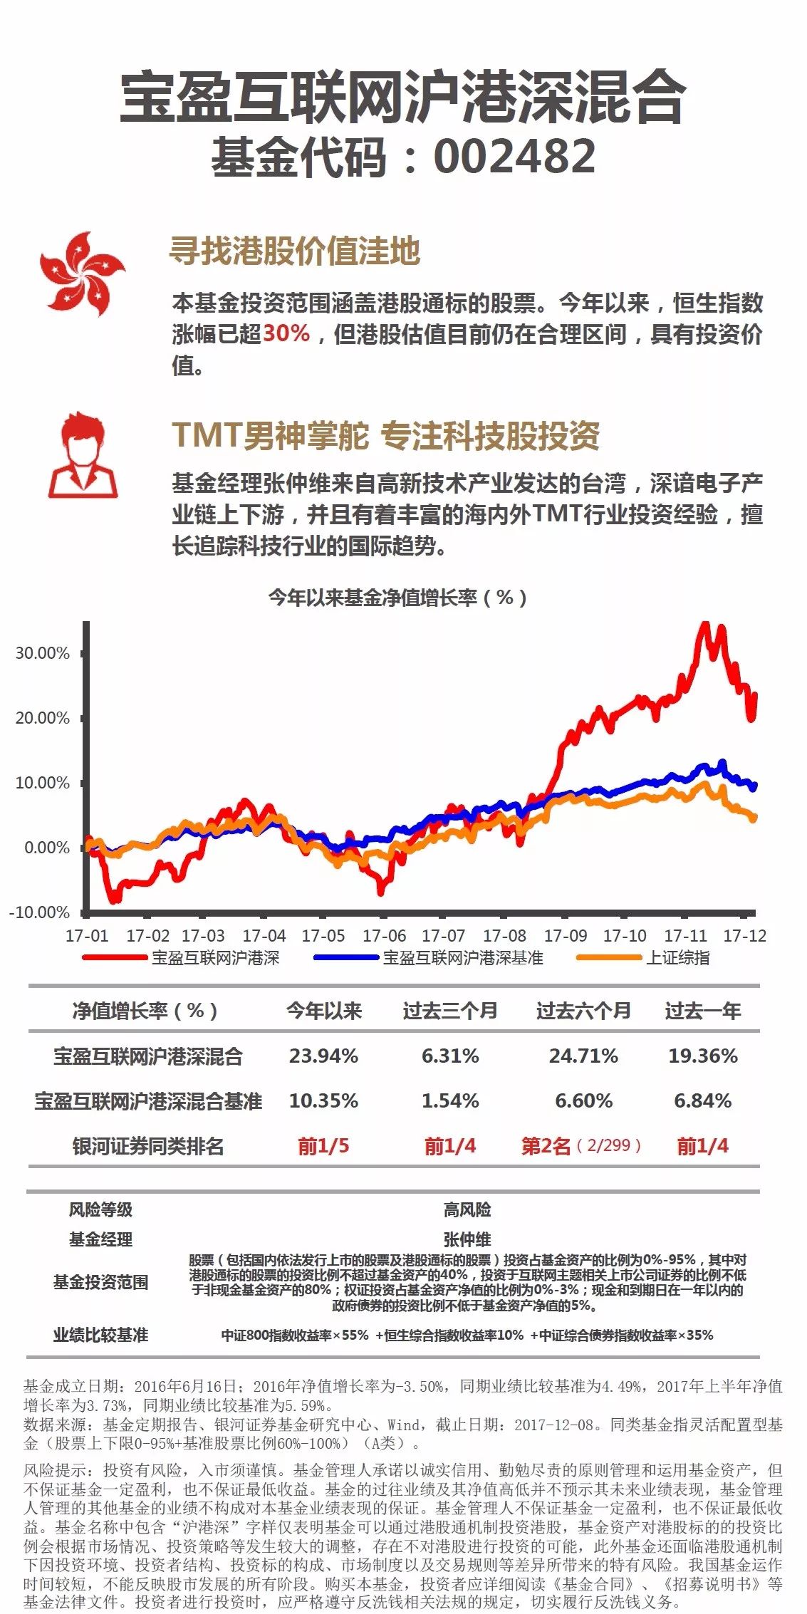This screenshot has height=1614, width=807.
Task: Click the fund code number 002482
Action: click(514, 156)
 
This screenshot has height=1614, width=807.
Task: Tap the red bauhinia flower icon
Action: click(82, 274)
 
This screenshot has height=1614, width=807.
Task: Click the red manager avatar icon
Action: click(83, 456)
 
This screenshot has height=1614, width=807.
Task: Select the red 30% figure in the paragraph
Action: click(286, 333)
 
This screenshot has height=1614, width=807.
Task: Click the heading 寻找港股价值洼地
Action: click(294, 251)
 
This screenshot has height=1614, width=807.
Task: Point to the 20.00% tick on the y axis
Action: click(43, 718)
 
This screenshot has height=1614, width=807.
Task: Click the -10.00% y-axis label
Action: click(40, 912)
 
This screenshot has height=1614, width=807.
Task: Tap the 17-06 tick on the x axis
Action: click(384, 935)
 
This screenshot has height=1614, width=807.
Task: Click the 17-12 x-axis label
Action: click(744, 935)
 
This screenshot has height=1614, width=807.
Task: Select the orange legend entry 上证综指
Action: click(677, 958)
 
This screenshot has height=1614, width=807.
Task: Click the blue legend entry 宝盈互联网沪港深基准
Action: click(463, 958)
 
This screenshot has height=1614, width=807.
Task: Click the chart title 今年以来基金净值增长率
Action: click(397, 598)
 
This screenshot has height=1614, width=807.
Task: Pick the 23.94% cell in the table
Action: click(323, 1056)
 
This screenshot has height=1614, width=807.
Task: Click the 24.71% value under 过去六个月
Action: click(583, 1056)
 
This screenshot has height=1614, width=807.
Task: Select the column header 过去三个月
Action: click(450, 1011)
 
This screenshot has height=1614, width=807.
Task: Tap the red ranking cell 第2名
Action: click(546, 1146)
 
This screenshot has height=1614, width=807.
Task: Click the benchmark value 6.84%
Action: click(702, 1101)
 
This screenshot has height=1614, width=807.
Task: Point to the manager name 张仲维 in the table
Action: click(467, 1239)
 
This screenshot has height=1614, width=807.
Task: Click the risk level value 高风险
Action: click(467, 1209)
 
